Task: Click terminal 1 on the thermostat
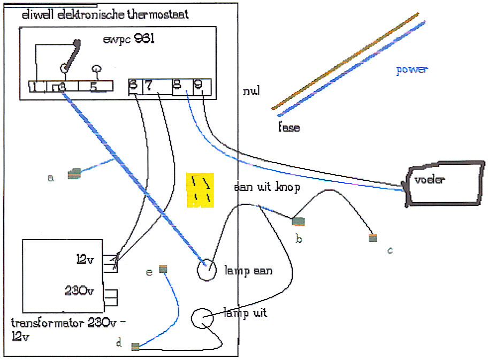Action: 33,87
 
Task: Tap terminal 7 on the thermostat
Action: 149,86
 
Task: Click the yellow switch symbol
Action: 200,190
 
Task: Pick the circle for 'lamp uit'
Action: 202,319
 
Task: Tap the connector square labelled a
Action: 74,173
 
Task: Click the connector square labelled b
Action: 298,221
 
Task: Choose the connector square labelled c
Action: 373,238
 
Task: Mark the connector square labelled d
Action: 136,346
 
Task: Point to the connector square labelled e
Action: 164,269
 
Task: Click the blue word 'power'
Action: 412,70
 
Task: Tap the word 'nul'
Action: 251,91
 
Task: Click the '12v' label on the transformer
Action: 85,260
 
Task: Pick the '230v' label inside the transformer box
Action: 80,292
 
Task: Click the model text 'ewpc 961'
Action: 128,40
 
